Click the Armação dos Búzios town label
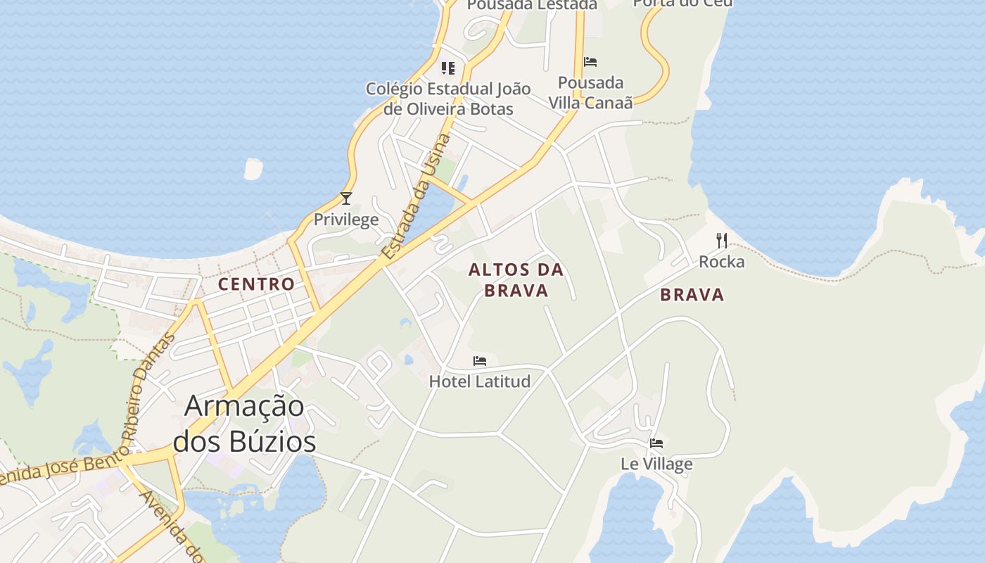pos(244,424)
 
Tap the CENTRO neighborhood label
pos(256,284)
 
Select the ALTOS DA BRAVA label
pos(516,280)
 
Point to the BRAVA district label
pos(692,295)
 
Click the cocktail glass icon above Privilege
pos(345,198)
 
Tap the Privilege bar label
pos(346,220)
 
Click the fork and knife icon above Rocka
pos(721,241)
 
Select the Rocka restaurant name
pos(721,262)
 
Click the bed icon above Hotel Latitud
pos(480,361)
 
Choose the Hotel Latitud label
pos(479,381)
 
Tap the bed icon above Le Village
pos(656,443)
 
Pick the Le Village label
pos(656,464)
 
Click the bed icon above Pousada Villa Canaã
pos(590,62)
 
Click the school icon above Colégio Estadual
pos(448,68)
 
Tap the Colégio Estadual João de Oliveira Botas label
pos(448,99)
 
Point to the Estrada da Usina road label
pos(417,197)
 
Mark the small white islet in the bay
pos(253,169)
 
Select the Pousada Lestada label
pos(532,5)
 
